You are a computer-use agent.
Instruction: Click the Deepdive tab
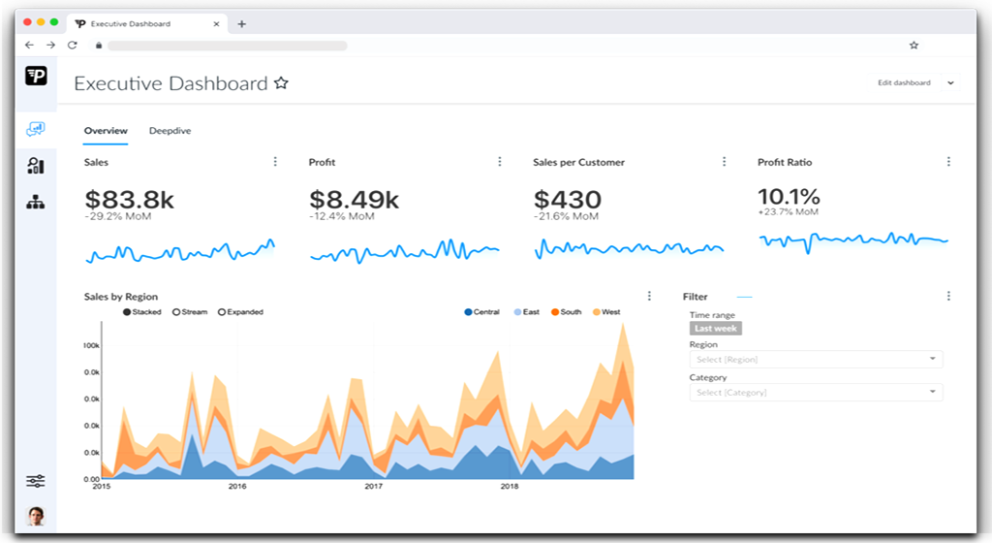tap(170, 131)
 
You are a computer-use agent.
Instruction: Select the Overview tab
tap(106, 131)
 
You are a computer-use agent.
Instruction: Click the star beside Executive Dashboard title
tap(281, 83)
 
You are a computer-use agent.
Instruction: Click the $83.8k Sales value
tap(129, 200)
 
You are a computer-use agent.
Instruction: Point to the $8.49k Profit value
tap(354, 200)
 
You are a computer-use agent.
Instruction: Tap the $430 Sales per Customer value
tap(568, 200)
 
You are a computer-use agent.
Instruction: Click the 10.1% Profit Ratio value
tap(789, 196)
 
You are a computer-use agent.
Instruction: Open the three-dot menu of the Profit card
tap(500, 162)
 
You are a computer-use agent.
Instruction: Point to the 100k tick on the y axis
tap(92, 345)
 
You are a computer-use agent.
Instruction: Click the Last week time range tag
tap(715, 329)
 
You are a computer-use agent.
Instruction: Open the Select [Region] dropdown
tap(815, 360)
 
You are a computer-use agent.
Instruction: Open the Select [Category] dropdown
tap(815, 393)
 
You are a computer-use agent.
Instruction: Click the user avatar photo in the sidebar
tap(36, 516)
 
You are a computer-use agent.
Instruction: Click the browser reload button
tap(73, 46)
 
